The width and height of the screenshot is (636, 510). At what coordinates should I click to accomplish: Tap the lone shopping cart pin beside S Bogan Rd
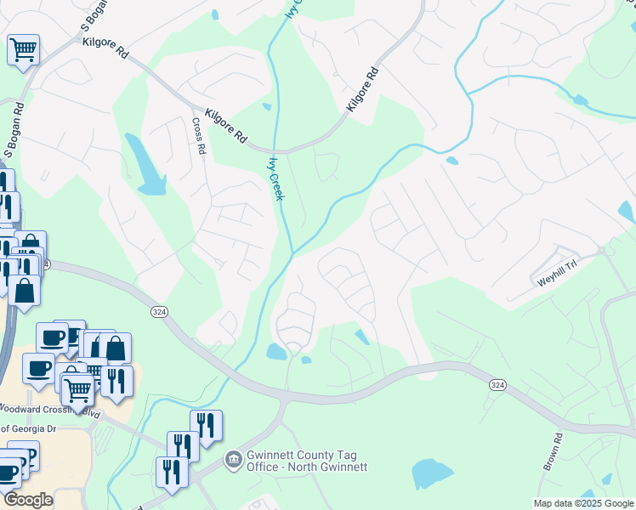tap(23, 48)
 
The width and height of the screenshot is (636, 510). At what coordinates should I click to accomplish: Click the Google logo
tap(27, 500)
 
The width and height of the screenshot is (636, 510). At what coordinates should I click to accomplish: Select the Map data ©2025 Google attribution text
tap(582, 503)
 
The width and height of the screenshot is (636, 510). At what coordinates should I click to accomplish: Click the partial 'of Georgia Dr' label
tap(28, 429)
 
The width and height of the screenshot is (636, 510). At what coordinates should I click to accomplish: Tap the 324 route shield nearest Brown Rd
tap(498, 385)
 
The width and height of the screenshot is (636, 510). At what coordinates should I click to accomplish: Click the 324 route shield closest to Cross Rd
tap(158, 312)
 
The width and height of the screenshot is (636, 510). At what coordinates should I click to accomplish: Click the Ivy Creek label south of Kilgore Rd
tap(275, 178)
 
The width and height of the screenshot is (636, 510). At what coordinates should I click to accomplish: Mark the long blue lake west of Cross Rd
tap(145, 164)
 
